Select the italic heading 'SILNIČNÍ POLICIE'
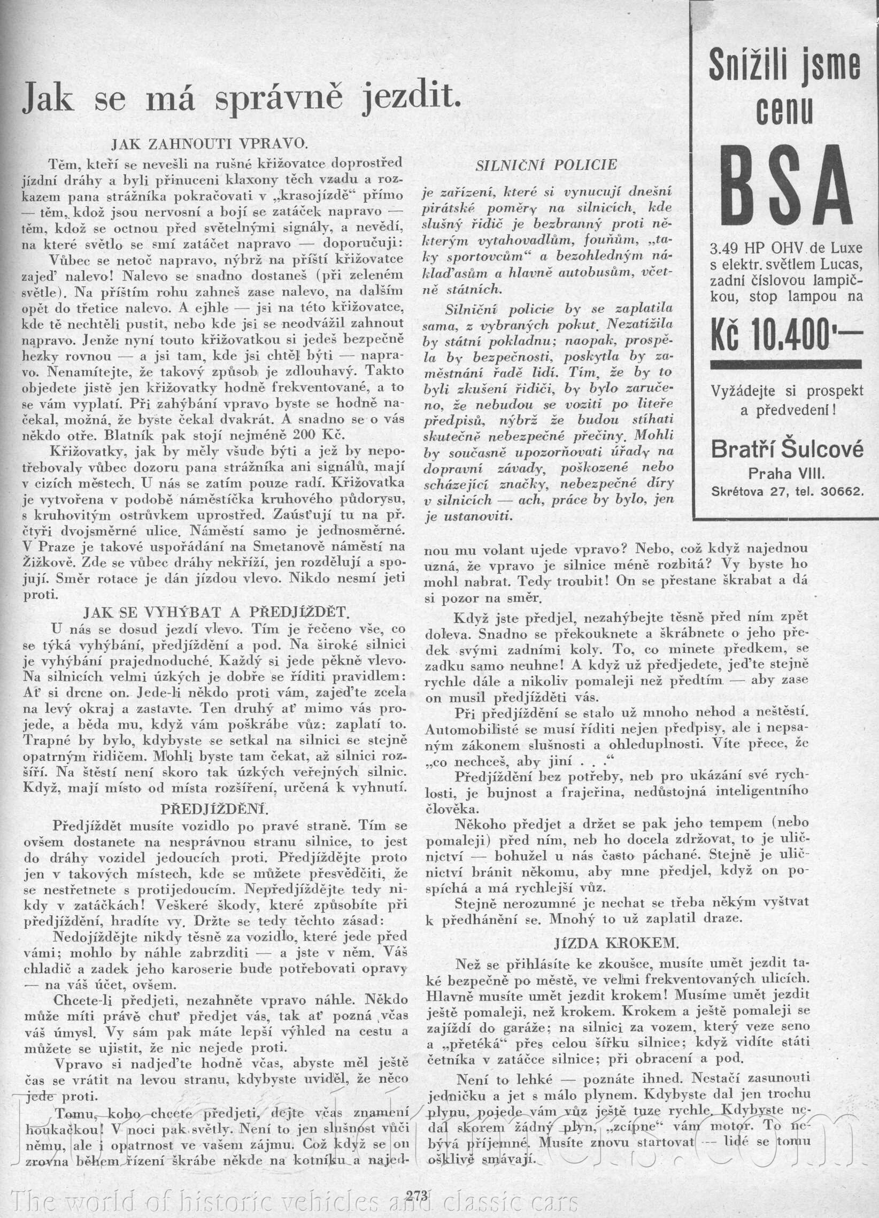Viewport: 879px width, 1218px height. coord(546,166)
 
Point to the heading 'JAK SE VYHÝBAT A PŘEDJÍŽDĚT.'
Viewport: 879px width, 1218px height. coord(217,613)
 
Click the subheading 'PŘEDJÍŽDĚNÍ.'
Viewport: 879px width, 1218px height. coord(215,808)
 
